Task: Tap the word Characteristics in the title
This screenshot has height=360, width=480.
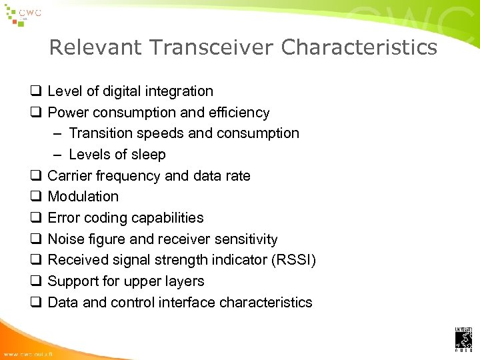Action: pos(359,48)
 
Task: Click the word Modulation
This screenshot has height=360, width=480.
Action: pos(83,197)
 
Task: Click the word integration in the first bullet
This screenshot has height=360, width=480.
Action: pos(178,91)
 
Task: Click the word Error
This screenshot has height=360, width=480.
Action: pos(63,218)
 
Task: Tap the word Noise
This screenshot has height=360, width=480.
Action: pos(65,239)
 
